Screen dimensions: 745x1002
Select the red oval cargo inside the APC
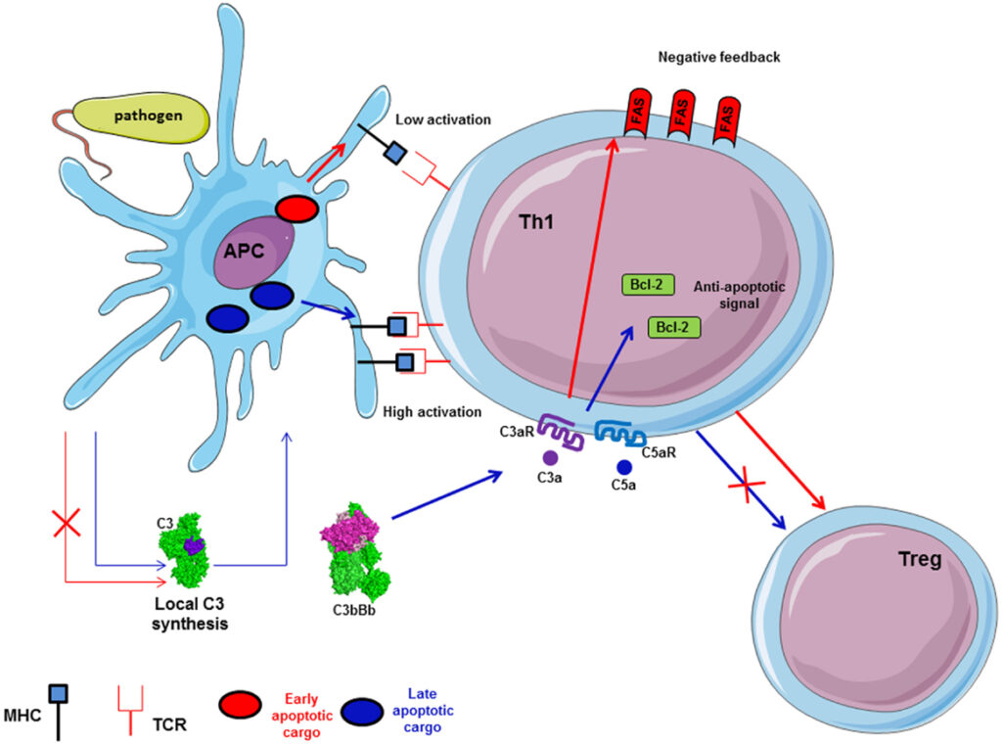298,209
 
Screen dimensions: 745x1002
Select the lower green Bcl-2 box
675,326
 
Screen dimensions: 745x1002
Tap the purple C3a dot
551,456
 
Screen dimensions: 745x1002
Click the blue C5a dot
623,466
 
